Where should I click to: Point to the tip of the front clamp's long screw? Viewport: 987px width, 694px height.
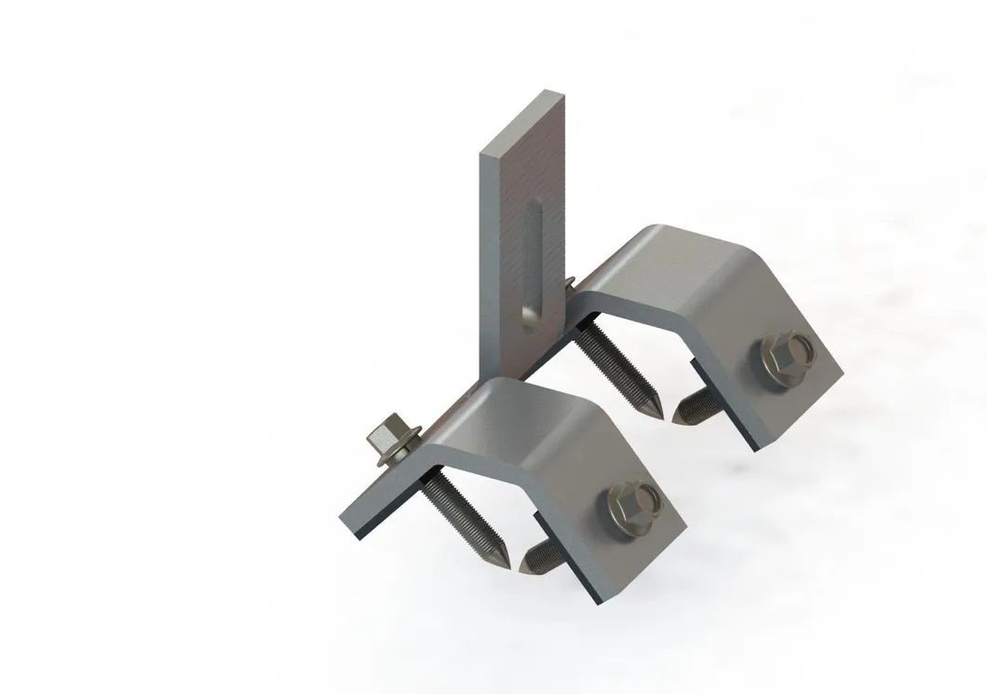tap(503, 564)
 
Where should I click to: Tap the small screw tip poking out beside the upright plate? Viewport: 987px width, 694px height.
tap(570, 279)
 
